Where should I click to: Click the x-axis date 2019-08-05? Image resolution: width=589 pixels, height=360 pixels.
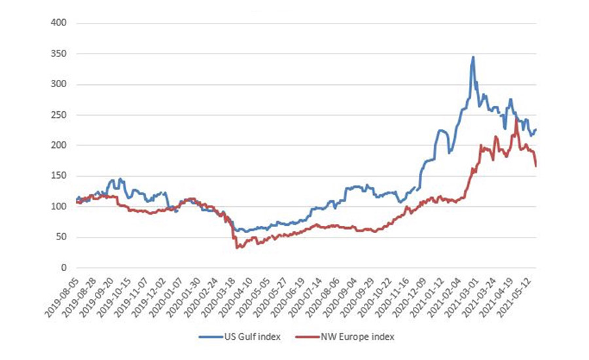(61, 292)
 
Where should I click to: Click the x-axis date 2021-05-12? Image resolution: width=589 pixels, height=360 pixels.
(520, 292)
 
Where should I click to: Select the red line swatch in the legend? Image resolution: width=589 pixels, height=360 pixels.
(314, 336)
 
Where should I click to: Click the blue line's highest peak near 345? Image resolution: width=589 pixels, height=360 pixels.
(473, 58)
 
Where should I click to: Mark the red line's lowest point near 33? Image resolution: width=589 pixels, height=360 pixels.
(237, 247)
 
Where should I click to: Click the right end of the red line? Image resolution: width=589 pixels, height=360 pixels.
(536, 166)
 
